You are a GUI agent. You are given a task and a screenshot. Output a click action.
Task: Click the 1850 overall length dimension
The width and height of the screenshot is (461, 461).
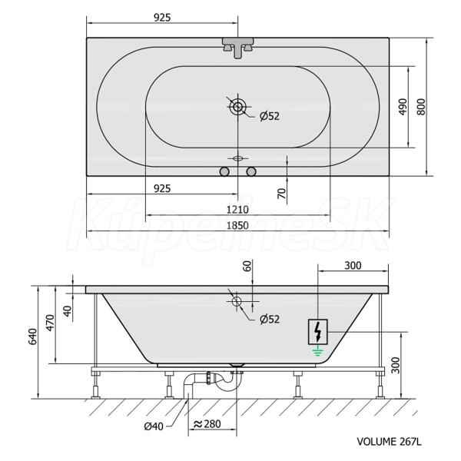pos(237,225)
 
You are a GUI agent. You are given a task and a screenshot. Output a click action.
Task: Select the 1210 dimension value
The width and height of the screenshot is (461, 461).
pos(237,210)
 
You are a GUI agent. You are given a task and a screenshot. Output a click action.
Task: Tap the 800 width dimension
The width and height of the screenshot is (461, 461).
pos(421,107)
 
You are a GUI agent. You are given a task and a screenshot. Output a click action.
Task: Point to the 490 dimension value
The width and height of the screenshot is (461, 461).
pos(403,107)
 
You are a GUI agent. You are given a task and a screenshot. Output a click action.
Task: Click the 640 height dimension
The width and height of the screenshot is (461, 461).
pos(33,337)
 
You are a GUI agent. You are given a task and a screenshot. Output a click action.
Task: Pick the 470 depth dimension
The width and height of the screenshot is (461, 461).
pos(51,323)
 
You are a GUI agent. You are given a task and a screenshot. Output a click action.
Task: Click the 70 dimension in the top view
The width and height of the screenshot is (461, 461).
pos(281,194)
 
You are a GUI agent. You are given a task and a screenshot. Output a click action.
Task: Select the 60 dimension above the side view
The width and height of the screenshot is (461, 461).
pos(248,266)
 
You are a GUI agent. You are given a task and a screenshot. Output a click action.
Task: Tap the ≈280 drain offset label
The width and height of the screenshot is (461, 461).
pos(207,423)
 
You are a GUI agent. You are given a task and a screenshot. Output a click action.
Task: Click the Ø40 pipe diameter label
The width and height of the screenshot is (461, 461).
pos(154,426)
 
